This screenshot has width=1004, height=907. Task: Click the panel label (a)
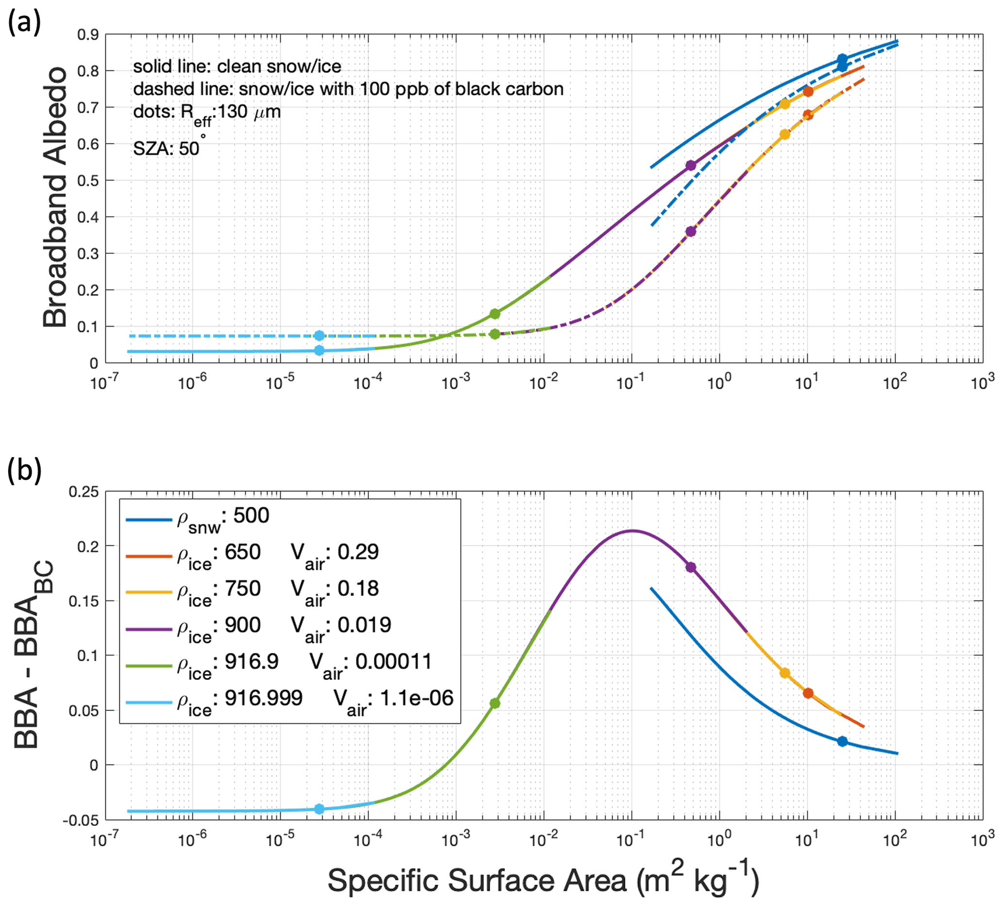pos(24,23)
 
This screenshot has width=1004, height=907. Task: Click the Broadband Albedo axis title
pos(55,197)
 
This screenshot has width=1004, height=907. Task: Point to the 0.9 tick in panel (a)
pos(87,35)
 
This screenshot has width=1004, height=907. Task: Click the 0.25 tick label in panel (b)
pos(84,492)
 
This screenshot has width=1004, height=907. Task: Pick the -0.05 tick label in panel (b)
pos(81,821)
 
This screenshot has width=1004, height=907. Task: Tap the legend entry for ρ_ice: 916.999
pos(289,699)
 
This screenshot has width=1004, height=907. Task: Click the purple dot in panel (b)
pos(690,567)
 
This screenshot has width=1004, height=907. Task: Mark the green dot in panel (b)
pos(494,703)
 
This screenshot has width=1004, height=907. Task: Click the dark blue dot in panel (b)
pos(842,742)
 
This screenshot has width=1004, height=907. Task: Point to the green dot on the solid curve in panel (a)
pos(494,314)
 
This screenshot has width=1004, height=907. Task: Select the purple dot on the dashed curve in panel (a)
pos(690,232)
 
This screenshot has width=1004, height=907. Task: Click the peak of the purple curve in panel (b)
pos(632,531)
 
